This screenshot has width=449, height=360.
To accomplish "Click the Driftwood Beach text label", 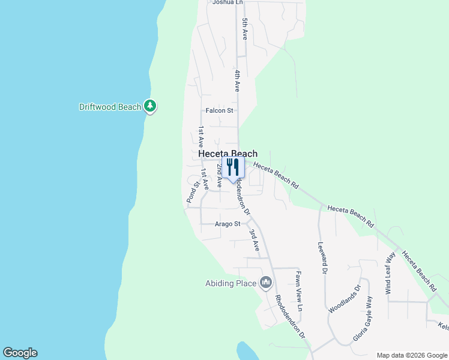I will tap(110, 107).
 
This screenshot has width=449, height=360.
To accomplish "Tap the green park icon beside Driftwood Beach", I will tap(150, 107).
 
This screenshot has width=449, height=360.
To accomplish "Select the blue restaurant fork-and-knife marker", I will tap(233, 168).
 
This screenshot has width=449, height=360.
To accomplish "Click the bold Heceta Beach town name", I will tap(228, 154).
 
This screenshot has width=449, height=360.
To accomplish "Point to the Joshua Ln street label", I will tap(228, 2).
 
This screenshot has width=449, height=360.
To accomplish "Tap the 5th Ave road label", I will tap(245, 29).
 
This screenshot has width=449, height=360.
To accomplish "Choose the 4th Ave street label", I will tap(238, 80).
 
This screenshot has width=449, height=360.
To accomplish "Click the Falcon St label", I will tap(219, 110).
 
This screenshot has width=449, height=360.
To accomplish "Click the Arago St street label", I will tap(228, 224).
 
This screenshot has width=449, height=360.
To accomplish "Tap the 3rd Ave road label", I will tap(255, 239).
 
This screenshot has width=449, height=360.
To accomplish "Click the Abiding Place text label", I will tap(231, 283).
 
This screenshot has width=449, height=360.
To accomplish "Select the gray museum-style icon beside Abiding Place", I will tap(266, 283).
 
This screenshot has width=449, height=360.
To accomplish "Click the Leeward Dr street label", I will tap(322, 259).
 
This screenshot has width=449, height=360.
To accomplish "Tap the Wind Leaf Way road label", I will tap(390, 273).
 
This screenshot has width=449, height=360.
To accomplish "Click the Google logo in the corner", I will tap(20, 353).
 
